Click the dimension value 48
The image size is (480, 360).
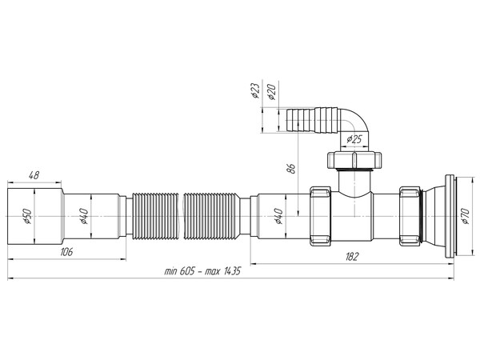point(34,174)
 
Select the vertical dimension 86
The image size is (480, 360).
point(291,169)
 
